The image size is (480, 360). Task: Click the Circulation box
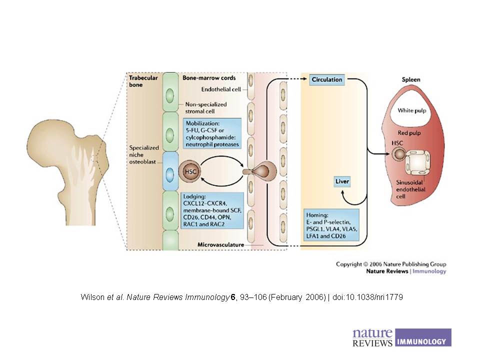(327, 79)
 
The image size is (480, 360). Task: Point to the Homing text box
(331, 225)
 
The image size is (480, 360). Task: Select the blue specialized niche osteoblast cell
(170, 171)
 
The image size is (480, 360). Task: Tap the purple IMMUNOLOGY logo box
(422, 337)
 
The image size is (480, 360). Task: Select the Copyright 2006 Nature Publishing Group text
(391, 264)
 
